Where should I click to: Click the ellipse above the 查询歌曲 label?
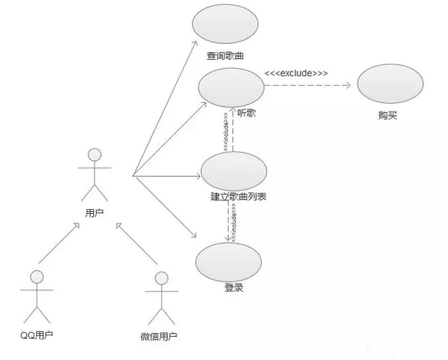pyautogui.click(x=225, y=24)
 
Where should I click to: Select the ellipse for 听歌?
pyautogui.click(x=231, y=87)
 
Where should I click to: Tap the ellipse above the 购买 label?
pyautogui.click(x=387, y=86)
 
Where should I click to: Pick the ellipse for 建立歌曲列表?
pyautogui.click(x=233, y=170)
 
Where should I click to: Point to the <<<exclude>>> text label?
pyautogui.click(x=295, y=73)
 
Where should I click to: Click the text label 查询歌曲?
pyautogui.click(x=225, y=56)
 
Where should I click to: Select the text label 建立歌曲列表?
pyautogui.click(x=238, y=197)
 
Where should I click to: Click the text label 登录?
pyautogui.click(x=234, y=287)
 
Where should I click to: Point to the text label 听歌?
pyautogui.click(x=246, y=113)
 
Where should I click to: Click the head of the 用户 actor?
pyautogui.click(x=95, y=154)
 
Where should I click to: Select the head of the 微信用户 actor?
pyautogui.click(x=161, y=278)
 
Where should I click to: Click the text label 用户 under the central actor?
pyautogui.click(x=95, y=213)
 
